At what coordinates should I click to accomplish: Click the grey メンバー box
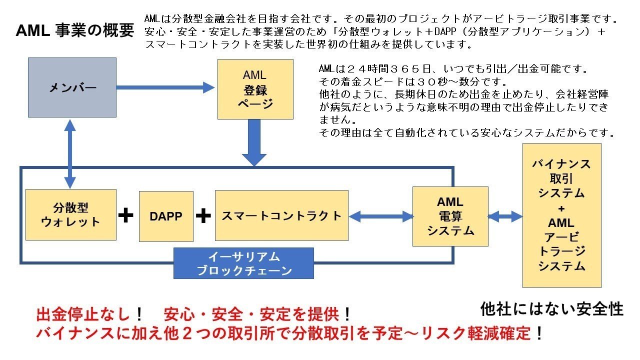pyautogui.click(x=72, y=88)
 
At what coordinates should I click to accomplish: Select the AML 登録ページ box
pyautogui.click(x=255, y=89)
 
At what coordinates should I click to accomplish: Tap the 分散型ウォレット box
pyautogui.click(x=70, y=214)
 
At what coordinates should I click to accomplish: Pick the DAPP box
pyautogui.click(x=166, y=216)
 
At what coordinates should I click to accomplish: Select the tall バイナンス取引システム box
pyautogui.click(x=561, y=215)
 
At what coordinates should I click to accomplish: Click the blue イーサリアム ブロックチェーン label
pyautogui.click(x=243, y=263)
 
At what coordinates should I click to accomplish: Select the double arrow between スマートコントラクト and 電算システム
pyautogui.click(x=380, y=216)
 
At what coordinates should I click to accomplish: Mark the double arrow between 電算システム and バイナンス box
pyautogui.click(x=505, y=216)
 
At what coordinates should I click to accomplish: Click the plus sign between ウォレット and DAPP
pyautogui.click(x=126, y=216)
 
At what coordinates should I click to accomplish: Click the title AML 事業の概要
pyautogui.click(x=75, y=31)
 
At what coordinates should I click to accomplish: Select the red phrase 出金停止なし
pyautogui.click(x=85, y=315)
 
